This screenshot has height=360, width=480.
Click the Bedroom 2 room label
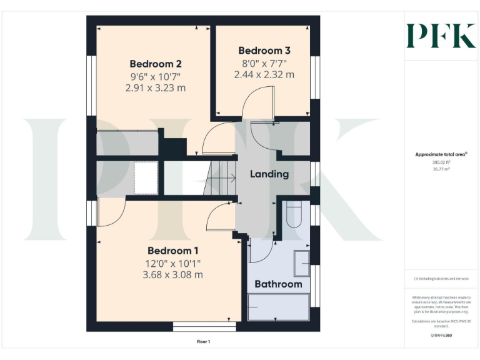point(156,64)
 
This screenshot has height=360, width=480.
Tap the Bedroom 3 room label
point(264,51)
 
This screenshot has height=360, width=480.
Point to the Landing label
point(269,174)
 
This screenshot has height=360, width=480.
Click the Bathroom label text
point(278,284)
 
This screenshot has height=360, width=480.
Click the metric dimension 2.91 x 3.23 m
point(156,88)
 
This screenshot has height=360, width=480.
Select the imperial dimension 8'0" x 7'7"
point(264,63)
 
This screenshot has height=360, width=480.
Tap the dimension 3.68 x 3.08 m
point(172,274)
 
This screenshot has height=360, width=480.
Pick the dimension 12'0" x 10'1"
point(172,263)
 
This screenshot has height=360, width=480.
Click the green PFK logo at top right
point(441,36)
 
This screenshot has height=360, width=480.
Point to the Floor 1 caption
point(203,342)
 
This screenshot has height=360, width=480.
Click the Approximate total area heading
point(440,154)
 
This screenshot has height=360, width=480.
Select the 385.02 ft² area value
point(441,161)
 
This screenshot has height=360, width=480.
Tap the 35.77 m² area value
point(441,168)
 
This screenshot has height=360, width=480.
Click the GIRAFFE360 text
point(441,336)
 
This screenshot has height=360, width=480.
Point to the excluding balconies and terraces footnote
point(441,279)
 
